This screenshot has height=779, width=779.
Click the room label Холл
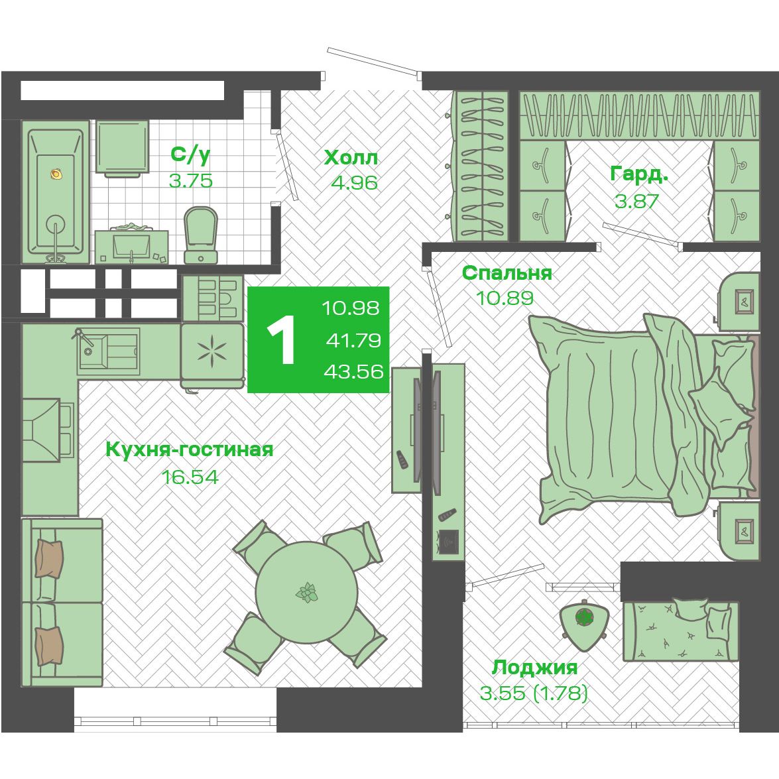pos(351,158)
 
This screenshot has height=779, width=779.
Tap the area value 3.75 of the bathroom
pos(191,180)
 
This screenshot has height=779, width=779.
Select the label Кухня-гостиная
pos(190,449)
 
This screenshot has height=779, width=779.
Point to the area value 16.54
pos(190,477)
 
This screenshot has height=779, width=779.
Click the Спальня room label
pos(507,272)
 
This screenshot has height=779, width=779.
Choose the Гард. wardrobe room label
pos(639,174)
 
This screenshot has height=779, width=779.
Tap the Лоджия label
pos(534,668)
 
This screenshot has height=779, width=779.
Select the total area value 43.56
pos(353,371)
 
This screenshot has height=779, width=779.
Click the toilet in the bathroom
pos(201,235)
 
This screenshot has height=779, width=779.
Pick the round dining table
pos(306,592)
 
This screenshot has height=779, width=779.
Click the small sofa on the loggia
pos(681,630)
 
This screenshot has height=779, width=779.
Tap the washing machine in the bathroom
pos(122,148)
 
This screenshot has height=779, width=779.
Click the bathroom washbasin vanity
pos(131,245)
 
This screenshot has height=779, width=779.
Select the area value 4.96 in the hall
pos(354,183)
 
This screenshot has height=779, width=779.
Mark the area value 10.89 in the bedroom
pos(505,298)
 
